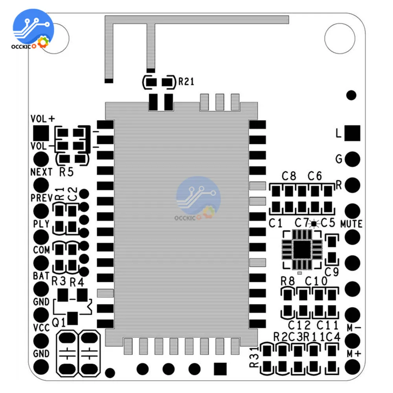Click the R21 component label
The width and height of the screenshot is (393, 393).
[x=186, y=82]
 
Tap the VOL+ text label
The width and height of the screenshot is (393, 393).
[x=43, y=119]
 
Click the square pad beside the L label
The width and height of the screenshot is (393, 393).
[x=352, y=133]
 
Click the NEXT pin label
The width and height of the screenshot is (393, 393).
[x=41, y=172]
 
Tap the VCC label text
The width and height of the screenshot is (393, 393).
[x=41, y=328]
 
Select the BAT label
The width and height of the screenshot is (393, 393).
[x=41, y=276]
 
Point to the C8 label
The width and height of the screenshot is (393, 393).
[x=289, y=176]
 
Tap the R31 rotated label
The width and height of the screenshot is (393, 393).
[x=254, y=357]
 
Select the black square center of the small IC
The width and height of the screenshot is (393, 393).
[x=302, y=250]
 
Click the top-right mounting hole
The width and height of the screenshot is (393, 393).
[x=337, y=35]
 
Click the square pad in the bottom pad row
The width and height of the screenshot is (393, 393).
[x=220, y=369]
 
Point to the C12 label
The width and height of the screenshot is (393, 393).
[x=299, y=325]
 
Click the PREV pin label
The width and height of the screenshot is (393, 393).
[x=41, y=198]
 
